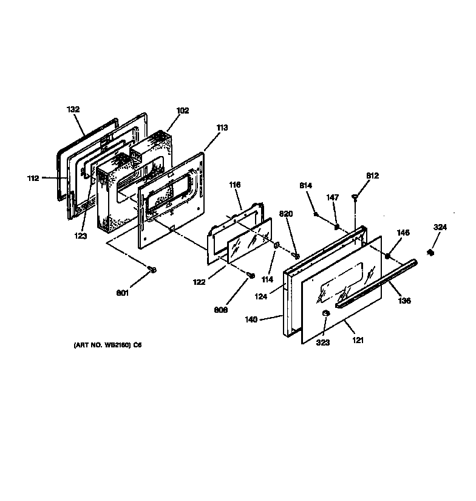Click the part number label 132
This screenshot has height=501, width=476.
pyautogui.click(x=73, y=109)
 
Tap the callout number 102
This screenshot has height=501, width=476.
pyautogui.click(x=183, y=111)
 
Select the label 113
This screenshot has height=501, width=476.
pyautogui.click(x=222, y=128)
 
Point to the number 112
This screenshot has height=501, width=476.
pyautogui.click(x=33, y=178)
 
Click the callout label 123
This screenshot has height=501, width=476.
pyautogui.click(x=81, y=236)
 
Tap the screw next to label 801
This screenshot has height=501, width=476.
pyautogui.click(x=152, y=269)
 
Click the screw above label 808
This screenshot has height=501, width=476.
pyautogui.click(x=250, y=276)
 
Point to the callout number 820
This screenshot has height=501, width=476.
pyautogui.click(x=286, y=213)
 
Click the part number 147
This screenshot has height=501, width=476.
pyautogui.click(x=332, y=197)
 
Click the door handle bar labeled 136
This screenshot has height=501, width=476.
pyautogui.click(x=376, y=280)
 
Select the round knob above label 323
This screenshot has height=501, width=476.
pyautogui.click(x=325, y=313)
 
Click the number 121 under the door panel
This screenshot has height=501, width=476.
pyautogui.click(x=358, y=341)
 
